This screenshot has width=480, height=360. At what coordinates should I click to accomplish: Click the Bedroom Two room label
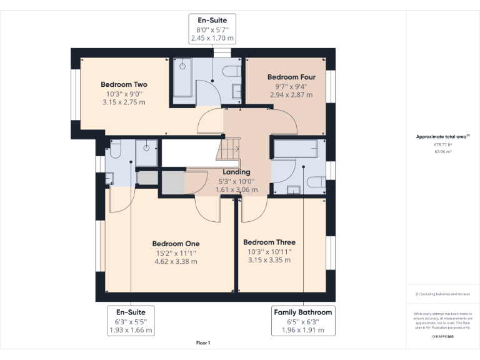click(x=124, y=84)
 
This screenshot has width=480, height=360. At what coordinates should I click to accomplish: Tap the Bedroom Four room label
click(x=291, y=77)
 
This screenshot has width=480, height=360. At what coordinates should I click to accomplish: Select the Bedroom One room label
click(x=176, y=244)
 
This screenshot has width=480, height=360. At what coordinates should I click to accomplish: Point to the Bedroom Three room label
click(x=269, y=242)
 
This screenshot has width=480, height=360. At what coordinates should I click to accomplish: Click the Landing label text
click(x=236, y=172)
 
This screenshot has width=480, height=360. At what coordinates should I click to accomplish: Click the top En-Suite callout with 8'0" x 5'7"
click(x=212, y=29)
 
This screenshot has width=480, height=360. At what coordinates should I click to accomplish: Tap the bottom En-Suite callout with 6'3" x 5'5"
click(x=131, y=321)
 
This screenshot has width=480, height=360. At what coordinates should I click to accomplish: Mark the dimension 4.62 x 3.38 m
click(x=176, y=261)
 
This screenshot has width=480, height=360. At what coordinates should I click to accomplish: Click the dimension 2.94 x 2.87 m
click(x=291, y=95)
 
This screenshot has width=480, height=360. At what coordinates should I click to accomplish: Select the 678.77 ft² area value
click(x=442, y=144)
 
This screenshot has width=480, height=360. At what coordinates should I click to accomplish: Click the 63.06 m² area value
click(x=442, y=151)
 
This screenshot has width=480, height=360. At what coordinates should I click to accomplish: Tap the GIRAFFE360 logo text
click(x=442, y=336)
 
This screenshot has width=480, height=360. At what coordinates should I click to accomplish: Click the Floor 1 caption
click(x=203, y=342)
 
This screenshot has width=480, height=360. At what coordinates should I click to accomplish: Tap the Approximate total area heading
click(x=442, y=136)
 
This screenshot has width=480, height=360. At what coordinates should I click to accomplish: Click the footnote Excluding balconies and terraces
click(x=442, y=294)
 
